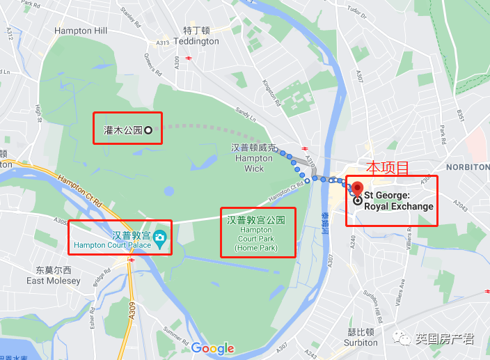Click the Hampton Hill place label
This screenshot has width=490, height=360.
81,31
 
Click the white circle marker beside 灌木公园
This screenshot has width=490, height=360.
148,130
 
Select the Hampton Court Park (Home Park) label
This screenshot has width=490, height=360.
257,233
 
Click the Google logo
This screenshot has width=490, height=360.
212,349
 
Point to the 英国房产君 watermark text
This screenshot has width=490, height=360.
445,339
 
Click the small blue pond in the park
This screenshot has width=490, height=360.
170,191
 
